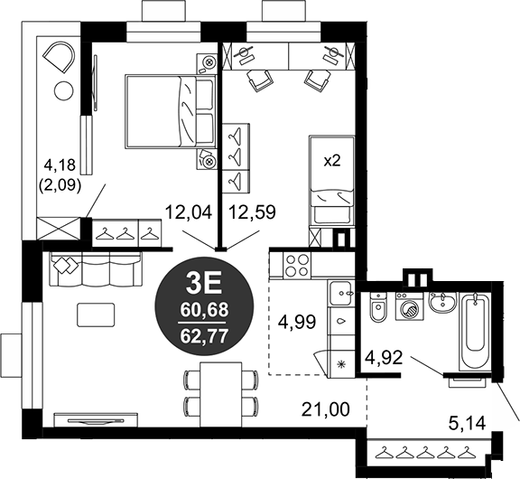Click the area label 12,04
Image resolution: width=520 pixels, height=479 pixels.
click(x=189, y=212)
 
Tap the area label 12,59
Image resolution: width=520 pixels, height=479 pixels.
click(x=253, y=212)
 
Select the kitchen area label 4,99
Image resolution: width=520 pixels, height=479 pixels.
click(x=298, y=322)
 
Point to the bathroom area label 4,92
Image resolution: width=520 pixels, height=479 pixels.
click(x=384, y=358)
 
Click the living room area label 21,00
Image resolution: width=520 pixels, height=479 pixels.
click(x=326, y=409)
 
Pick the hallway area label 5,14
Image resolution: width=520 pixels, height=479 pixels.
click(x=467, y=423)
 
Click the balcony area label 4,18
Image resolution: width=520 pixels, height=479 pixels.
click(x=60, y=165)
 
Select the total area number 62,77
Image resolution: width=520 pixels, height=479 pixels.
click(x=204, y=336)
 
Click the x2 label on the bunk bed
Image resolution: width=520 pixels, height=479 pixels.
click(x=332, y=162)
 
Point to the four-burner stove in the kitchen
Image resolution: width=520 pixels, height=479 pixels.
click(x=297, y=265)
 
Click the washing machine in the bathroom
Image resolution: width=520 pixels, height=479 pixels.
click(x=410, y=306)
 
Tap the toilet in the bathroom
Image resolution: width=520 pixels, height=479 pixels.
click(x=377, y=306)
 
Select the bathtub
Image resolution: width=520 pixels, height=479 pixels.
click(x=475, y=331)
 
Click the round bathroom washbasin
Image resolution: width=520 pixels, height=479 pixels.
click(x=443, y=302)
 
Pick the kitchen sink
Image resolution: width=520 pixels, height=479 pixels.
click(x=340, y=294)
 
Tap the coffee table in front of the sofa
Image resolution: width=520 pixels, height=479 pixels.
click(x=96, y=315)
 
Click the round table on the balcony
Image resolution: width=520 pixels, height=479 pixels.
click(x=63, y=90)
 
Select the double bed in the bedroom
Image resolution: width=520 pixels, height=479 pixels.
click(x=171, y=111)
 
